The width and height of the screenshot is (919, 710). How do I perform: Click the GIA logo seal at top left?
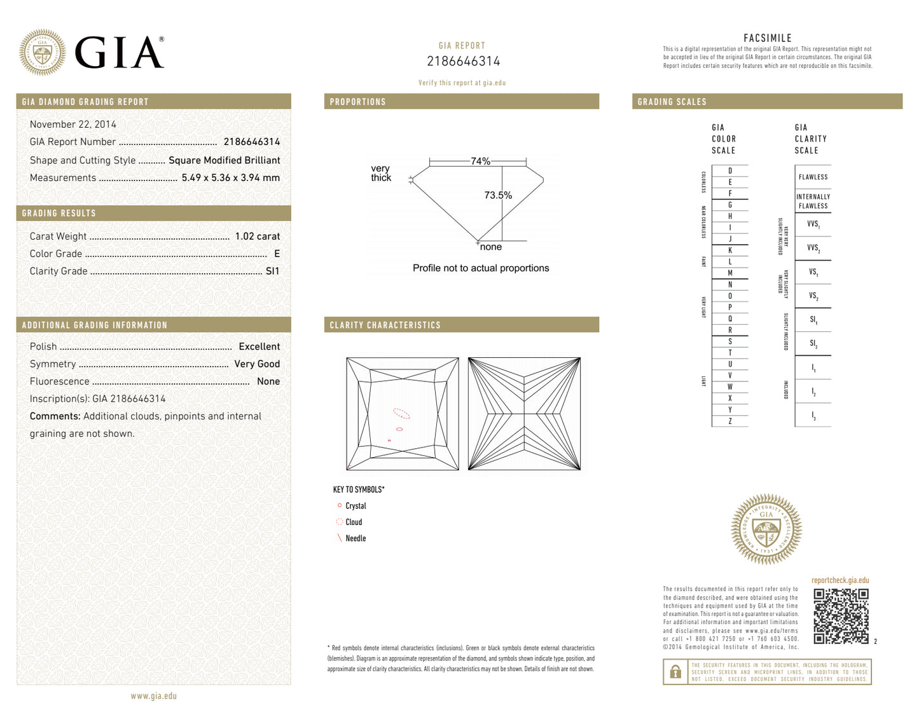pyautogui.click(x=42, y=52)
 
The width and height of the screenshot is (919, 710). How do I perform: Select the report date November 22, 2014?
pyautogui.click(x=73, y=125)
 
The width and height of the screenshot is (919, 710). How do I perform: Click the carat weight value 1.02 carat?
pyautogui.click(x=257, y=236)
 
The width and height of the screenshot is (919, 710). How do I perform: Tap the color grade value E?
pyautogui.click(x=277, y=254)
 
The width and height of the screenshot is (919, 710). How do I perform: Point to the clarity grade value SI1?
pyautogui.click(x=272, y=271)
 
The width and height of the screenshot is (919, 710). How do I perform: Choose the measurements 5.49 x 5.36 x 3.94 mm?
pyautogui.click(x=230, y=178)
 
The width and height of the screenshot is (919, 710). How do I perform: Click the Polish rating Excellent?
pyautogui.click(x=259, y=346)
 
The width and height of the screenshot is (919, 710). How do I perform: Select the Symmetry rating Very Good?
pyautogui.click(x=256, y=364)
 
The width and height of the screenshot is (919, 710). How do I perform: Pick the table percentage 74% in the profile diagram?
pyautogui.click(x=480, y=161)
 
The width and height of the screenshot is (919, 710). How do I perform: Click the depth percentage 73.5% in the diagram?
pyautogui.click(x=497, y=195)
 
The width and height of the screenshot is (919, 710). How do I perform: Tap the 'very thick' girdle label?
pyautogui.click(x=380, y=173)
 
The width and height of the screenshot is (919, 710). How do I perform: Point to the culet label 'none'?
pyautogui.click(x=490, y=247)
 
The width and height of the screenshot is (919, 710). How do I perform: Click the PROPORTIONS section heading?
pyautogui.click(x=357, y=102)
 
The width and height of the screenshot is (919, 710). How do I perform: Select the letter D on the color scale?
pyautogui.click(x=729, y=171)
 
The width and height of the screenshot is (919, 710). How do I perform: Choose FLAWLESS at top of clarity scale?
pyautogui.click(x=813, y=177)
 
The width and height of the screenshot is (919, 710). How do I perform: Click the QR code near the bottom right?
pyautogui.click(x=841, y=616)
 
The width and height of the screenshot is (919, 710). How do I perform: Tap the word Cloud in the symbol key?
pyautogui.click(x=354, y=522)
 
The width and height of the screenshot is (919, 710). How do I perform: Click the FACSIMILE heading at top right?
pyautogui.click(x=767, y=38)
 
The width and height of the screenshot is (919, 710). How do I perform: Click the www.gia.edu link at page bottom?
pyautogui.click(x=153, y=696)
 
